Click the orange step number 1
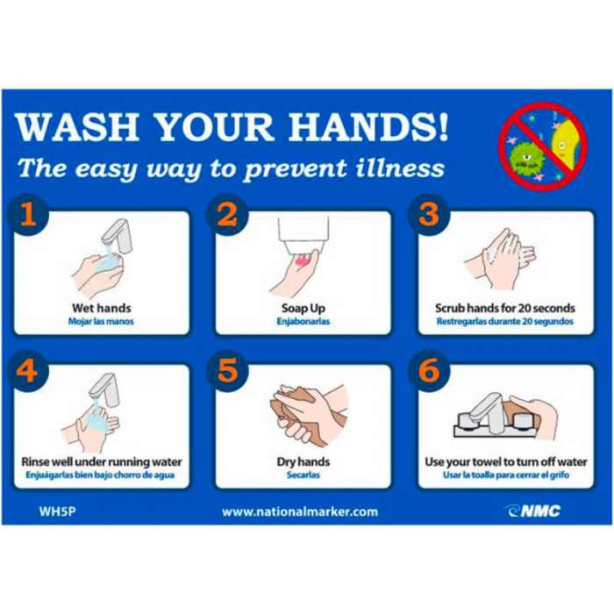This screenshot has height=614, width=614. [x=29, y=215]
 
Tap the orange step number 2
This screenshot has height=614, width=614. [x=227, y=215]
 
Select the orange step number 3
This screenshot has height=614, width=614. [x=429, y=215]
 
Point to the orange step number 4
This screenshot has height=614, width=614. [x=26, y=369]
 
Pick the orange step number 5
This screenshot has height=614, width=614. [x=228, y=369]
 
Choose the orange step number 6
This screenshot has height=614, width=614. [x=429, y=369]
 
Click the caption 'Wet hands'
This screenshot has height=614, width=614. [x=102, y=308]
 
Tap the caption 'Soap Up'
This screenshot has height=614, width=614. [x=303, y=309]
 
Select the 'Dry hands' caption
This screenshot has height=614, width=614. [x=303, y=462]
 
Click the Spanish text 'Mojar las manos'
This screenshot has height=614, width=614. [x=101, y=322]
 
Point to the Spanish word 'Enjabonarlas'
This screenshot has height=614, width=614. [x=303, y=322]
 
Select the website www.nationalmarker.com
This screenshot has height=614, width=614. [x=300, y=511]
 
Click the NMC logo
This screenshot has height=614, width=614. [x=533, y=511]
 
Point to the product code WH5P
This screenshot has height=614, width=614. [x=57, y=511]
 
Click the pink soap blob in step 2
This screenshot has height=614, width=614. [x=302, y=260]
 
